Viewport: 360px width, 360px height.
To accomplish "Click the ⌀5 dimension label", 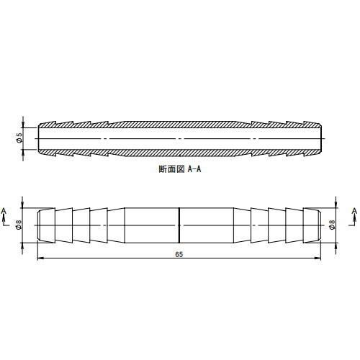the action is point(19,138).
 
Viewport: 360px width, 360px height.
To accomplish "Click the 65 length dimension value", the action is point(179,254).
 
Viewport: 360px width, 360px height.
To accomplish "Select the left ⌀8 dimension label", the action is point(19,225).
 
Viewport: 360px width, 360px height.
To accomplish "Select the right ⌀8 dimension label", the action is point(333,225).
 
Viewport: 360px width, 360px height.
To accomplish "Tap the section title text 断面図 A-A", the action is point(180,169).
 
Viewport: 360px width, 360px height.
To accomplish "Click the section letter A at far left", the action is point(4,211).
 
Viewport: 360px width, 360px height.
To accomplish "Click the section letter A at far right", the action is point(354,211).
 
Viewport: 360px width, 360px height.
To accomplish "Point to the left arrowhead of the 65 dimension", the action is point(41,258).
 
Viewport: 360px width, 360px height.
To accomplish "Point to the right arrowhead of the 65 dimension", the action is point(318,258).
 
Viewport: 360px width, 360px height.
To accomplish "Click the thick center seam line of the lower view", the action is point(179,225).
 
